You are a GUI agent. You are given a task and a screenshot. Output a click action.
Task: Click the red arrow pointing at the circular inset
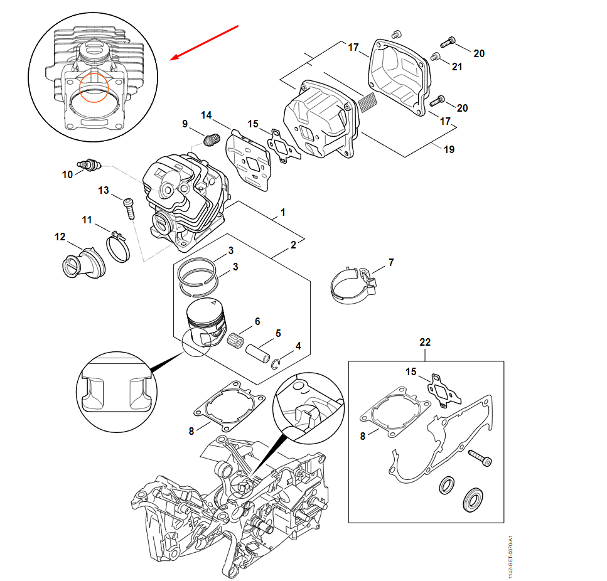(205, 43)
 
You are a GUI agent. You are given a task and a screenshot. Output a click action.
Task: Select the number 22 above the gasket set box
(425, 342)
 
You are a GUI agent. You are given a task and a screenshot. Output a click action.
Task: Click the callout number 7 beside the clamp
(391, 262)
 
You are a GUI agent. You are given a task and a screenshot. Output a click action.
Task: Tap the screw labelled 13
(129, 206)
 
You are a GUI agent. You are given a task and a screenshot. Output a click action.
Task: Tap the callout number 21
(457, 67)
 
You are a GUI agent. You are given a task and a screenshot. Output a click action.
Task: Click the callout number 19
(449, 149)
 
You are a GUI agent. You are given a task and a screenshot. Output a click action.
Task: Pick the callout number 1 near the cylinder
(282, 213)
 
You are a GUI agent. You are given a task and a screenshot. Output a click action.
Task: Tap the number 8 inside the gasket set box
(362, 436)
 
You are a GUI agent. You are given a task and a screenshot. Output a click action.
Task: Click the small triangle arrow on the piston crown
(213, 303)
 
